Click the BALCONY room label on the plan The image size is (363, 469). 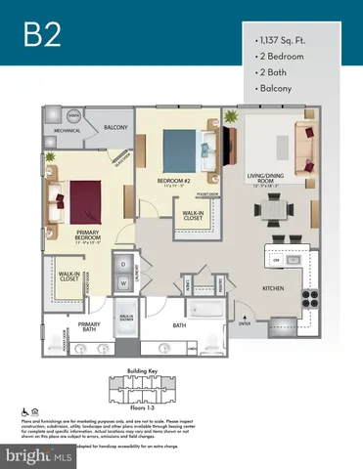117,127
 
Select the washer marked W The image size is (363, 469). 124,283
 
